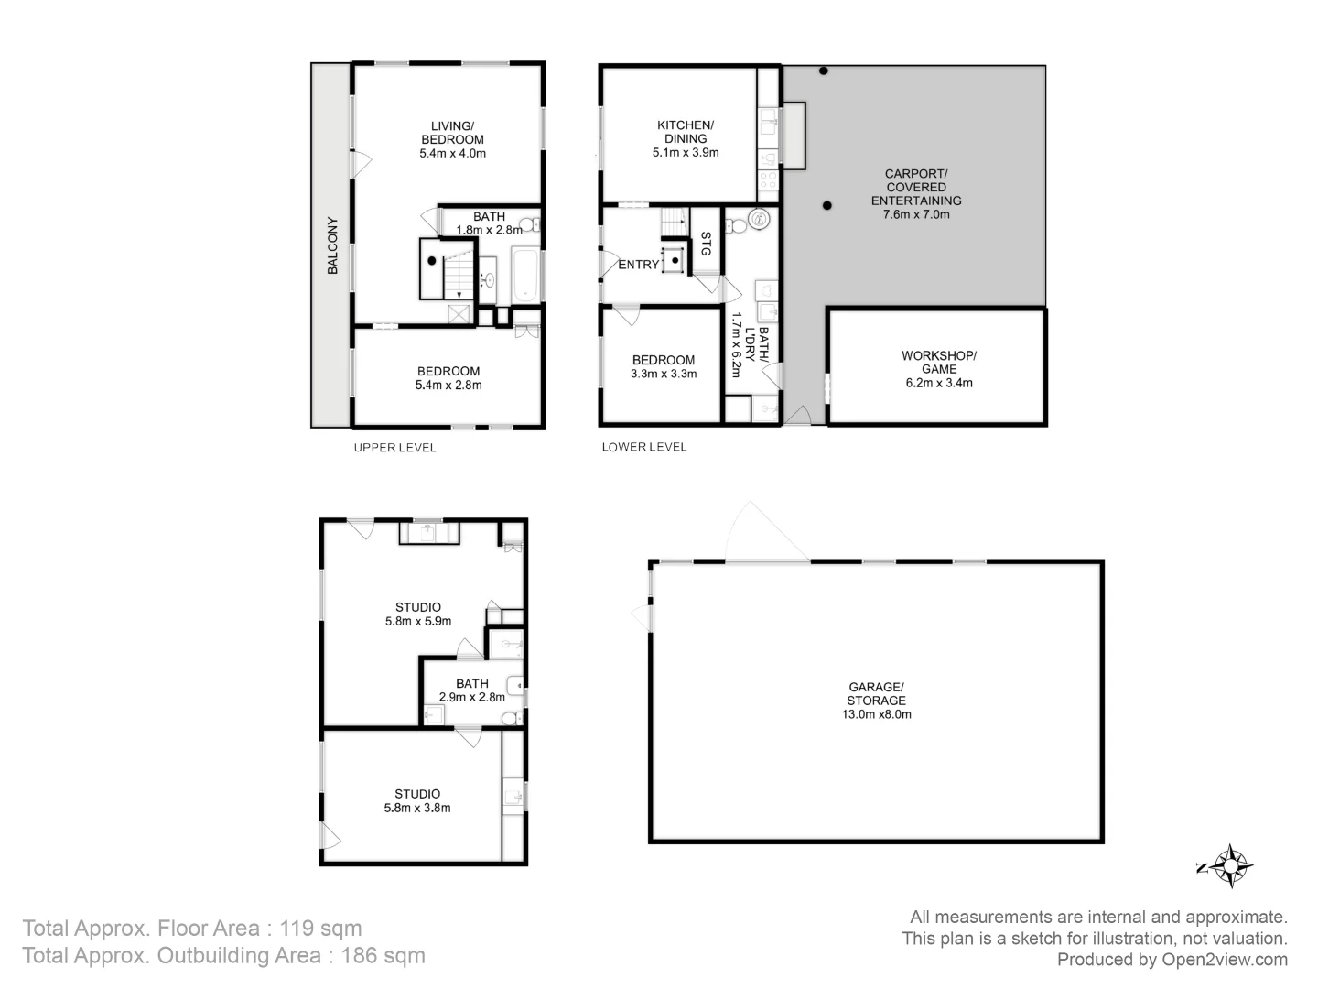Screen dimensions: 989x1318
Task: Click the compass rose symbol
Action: coord(1232,865)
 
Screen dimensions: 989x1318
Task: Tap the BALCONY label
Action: coord(332,245)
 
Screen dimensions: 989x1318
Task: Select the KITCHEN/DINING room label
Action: coord(685,132)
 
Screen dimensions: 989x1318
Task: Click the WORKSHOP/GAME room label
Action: coord(938,362)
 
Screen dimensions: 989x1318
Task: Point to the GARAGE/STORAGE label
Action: coord(876,693)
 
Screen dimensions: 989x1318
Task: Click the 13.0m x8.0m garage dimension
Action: coord(876,714)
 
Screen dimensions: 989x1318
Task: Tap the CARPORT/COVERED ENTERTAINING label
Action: coord(915,187)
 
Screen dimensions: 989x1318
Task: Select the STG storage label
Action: coord(706,244)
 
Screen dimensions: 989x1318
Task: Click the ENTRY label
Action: coord(638,265)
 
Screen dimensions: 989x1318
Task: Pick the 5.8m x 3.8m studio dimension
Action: coord(417,808)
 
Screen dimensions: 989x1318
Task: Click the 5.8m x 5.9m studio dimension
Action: coord(417,621)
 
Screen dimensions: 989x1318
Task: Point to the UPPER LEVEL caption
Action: coord(394,448)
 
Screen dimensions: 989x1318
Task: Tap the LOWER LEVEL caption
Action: coord(643,447)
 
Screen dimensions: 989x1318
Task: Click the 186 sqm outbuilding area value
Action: coord(383,956)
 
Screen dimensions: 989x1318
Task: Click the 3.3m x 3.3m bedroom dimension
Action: coord(663,374)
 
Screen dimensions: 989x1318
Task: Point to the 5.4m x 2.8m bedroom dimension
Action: coord(448,385)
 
